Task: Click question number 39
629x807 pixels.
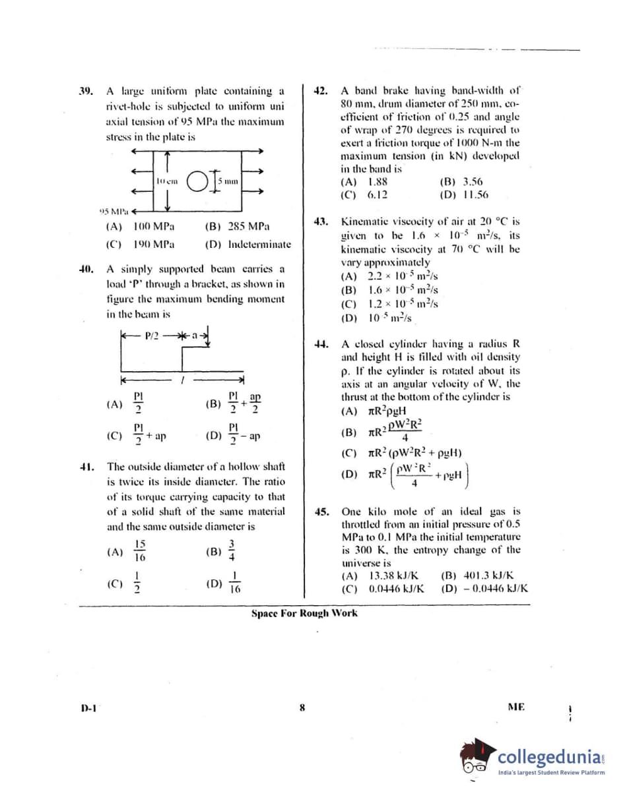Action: coord(86,91)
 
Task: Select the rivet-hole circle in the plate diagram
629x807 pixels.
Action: coord(198,181)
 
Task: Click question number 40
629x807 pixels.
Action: coord(86,269)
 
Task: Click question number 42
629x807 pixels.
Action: coord(321,91)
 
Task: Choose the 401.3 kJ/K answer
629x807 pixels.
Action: coord(482,576)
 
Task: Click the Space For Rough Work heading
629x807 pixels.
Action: coord(304,613)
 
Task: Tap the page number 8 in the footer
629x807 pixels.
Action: coord(302,708)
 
